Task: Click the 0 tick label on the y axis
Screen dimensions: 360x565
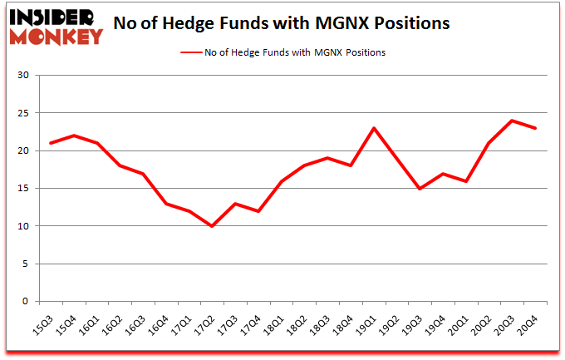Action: [x=26, y=302]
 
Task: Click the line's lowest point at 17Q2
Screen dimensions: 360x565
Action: [x=213, y=226]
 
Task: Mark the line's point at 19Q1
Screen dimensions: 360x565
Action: [x=375, y=128]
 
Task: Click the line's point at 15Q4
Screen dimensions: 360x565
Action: [x=75, y=136]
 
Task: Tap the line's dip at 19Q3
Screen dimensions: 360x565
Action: [x=421, y=189]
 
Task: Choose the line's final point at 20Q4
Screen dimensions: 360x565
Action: [x=537, y=128]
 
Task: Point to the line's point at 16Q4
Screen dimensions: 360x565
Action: [x=166, y=204]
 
